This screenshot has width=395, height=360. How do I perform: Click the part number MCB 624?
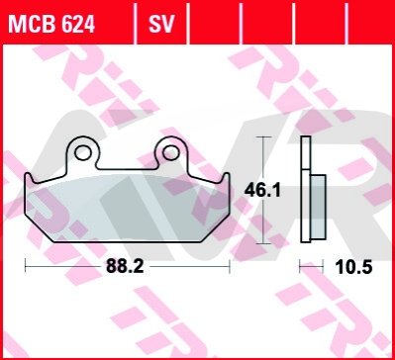(51, 24)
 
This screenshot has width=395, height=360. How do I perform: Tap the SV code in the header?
(161, 24)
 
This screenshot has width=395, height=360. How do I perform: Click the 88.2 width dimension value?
(125, 266)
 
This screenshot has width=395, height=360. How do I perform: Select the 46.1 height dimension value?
(262, 191)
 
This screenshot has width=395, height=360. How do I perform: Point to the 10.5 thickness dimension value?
(353, 267)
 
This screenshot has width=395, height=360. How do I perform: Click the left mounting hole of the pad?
(82, 152)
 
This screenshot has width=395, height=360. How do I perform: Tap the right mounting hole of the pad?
(171, 152)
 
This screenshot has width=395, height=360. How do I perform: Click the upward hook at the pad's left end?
(29, 178)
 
